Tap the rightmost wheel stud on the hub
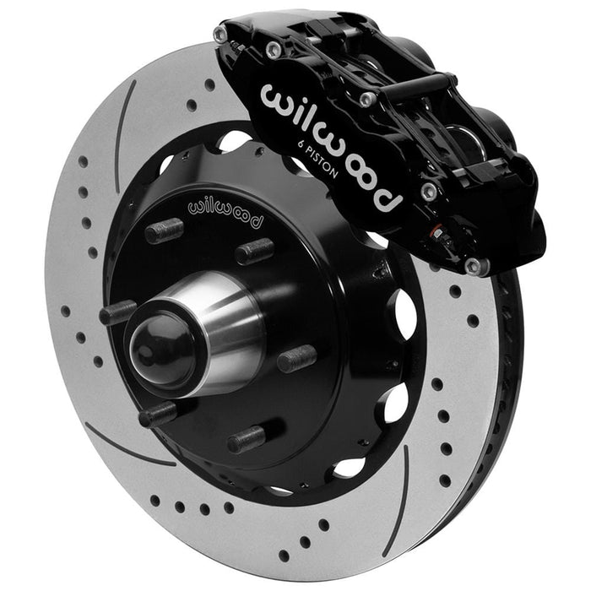click(297, 358)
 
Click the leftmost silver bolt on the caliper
click(220, 35)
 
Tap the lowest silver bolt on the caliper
click(472, 267)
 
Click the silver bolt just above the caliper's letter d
click(427, 191)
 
